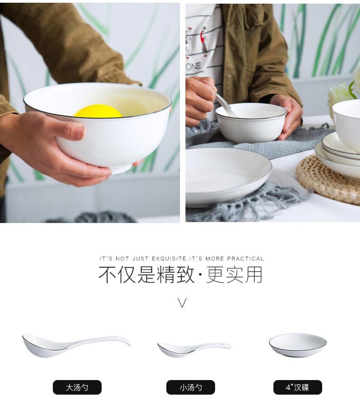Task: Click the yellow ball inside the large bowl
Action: pos(98,111)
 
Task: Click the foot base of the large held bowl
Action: pos(121,169)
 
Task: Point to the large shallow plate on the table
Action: pos(228,176)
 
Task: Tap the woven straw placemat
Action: pos(328,181)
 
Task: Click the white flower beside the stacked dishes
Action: pos(341,97)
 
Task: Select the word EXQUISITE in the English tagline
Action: pos(169,259)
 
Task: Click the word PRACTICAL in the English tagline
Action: pos(246,259)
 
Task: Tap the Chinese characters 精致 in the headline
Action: pos(176,275)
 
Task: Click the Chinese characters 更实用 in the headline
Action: pos(234,275)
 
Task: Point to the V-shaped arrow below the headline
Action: pos(182,303)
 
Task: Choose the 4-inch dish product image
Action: pos(298,345)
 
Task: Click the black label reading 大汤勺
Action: pos(77,387)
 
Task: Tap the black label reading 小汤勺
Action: pos(190,387)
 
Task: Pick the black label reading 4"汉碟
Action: pos(298,387)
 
